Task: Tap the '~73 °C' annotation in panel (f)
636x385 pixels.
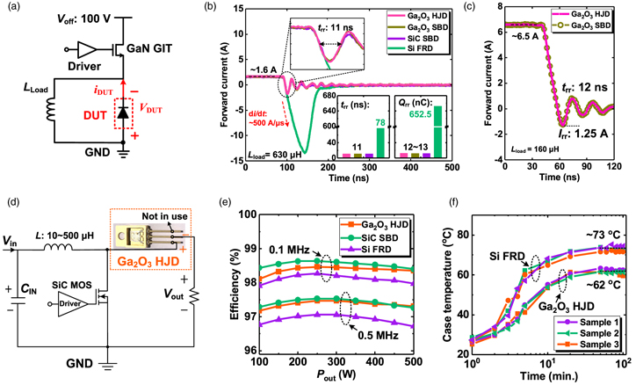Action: [602, 231]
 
